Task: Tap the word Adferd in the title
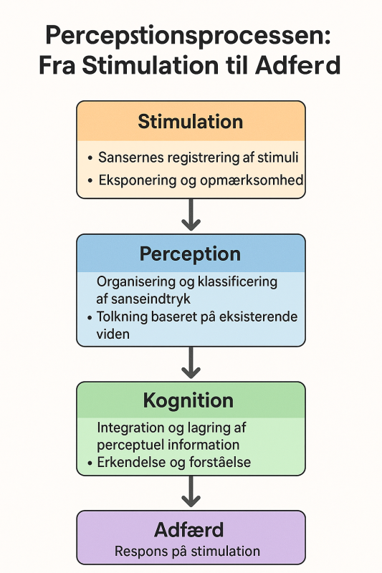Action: (x=298, y=65)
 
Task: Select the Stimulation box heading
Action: (x=191, y=122)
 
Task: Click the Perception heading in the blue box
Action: (x=190, y=254)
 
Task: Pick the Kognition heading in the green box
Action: (x=188, y=401)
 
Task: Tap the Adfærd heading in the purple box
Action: (x=189, y=530)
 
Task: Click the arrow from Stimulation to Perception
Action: (x=191, y=214)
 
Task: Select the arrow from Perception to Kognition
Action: (x=191, y=362)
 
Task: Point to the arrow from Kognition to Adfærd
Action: (x=191, y=491)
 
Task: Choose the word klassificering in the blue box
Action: (x=238, y=281)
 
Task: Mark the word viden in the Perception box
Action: (x=113, y=334)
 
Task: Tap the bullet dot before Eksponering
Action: (x=90, y=181)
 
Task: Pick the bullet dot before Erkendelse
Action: (x=90, y=463)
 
